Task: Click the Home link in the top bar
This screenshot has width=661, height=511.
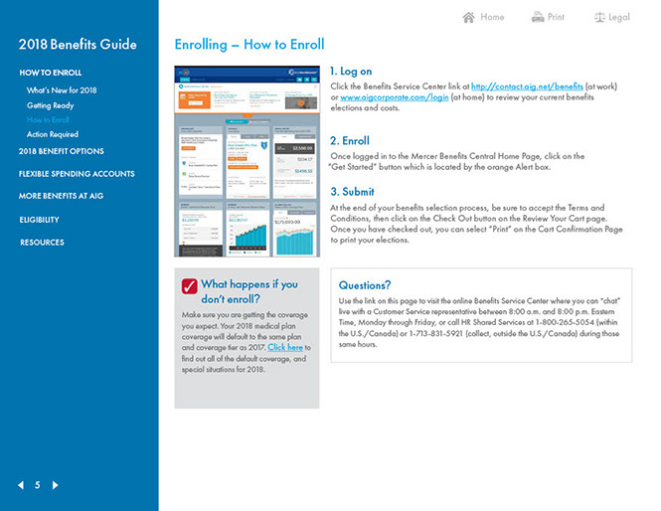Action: click(x=483, y=17)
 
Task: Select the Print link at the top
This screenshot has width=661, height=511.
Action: click(x=548, y=17)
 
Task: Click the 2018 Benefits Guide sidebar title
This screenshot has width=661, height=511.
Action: click(x=78, y=45)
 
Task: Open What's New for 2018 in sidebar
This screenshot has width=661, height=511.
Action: click(x=62, y=90)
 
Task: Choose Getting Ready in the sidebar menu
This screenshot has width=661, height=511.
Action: click(x=50, y=104)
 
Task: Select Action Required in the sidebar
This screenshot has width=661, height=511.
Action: click(x=53, y=134)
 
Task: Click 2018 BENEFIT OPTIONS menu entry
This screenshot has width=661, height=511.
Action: click(x=62, y=151)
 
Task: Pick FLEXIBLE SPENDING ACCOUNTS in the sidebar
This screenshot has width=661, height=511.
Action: click(x=77, y=174)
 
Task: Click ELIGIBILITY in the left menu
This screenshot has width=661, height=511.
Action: click(x=40, y=220)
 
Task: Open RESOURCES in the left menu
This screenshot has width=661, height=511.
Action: click(x=42, y=243)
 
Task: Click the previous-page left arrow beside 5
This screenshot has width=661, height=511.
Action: click(x=21, y=485)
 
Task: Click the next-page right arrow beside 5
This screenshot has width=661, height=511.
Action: click(x=55, y=485)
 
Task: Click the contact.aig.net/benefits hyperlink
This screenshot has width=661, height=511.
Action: click(x=528, y=86)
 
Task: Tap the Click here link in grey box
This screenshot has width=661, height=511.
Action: click(x=285, y=347)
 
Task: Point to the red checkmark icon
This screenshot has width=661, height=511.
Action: click(x=189, y=286)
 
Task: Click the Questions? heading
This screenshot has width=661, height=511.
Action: click(x=365, y=285)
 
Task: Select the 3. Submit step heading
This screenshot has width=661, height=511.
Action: click(x=353, y=192)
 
